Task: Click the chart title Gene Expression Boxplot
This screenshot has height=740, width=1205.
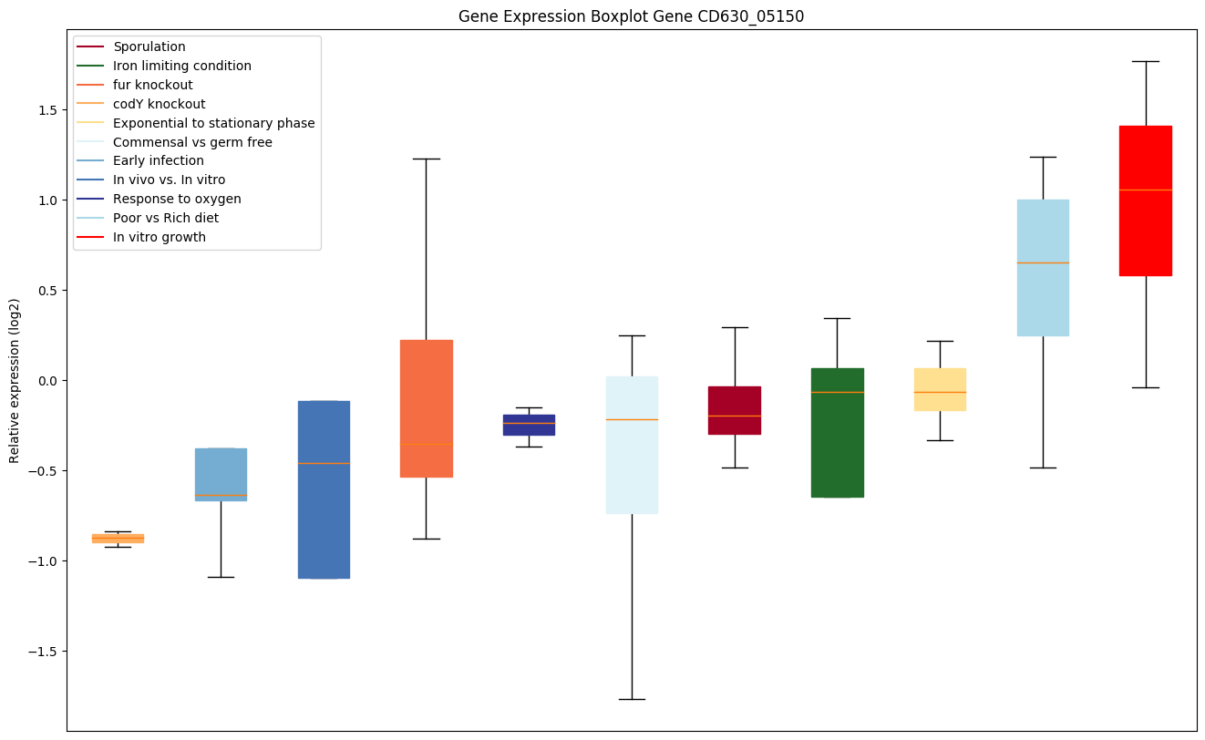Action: pos(631,16)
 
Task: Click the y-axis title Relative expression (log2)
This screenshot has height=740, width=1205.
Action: pos(15,380)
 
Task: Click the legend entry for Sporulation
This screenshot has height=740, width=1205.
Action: pos(149,46)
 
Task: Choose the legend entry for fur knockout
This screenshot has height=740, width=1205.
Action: pos(152,85)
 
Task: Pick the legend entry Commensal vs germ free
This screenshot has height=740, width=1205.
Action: pos(192,142)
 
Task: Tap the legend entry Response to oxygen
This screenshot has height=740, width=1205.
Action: pos(177,199)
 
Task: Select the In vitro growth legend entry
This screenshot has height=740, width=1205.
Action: pos(159,237)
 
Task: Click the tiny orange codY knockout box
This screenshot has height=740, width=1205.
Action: pos(118,539)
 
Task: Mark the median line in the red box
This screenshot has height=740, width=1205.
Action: pos(1145,190)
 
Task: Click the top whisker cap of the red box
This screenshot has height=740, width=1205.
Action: pos(1145,61)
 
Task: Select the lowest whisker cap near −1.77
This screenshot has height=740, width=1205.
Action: pos(632,699)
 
